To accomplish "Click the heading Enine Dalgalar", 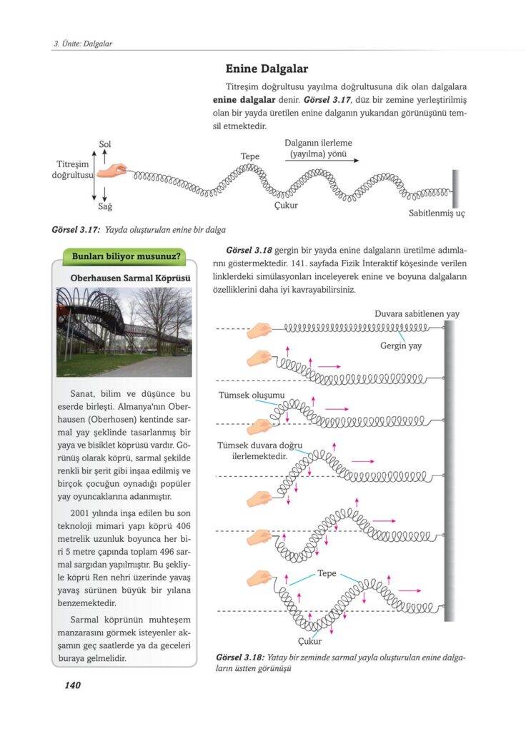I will pos(267,69).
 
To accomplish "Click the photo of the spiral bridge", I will pos(124,331).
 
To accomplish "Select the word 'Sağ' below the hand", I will pos(105,206).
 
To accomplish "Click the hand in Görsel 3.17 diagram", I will pos(113,171).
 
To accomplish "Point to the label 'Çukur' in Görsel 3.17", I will pos(286,206).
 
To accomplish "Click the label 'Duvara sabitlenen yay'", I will pos(417,313).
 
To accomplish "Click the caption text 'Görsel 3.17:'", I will pos(76,230).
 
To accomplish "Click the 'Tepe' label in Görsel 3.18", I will pos(327,573).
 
